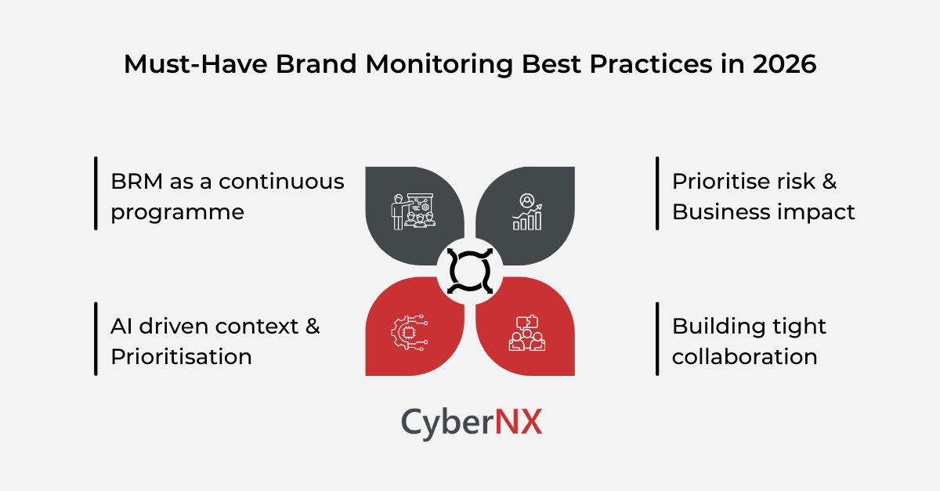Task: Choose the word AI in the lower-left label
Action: [x=121, y=326]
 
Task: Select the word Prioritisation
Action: [x=181, y=357]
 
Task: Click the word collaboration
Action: [x=744, y=357]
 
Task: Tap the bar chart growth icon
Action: [x=527, y=211]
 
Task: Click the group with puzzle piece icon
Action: [x=526, y=332]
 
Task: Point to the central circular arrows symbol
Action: [x=470, y=271]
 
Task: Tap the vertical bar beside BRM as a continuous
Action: [x=96, y=193]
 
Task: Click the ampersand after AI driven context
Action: [x=312, y=326]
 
